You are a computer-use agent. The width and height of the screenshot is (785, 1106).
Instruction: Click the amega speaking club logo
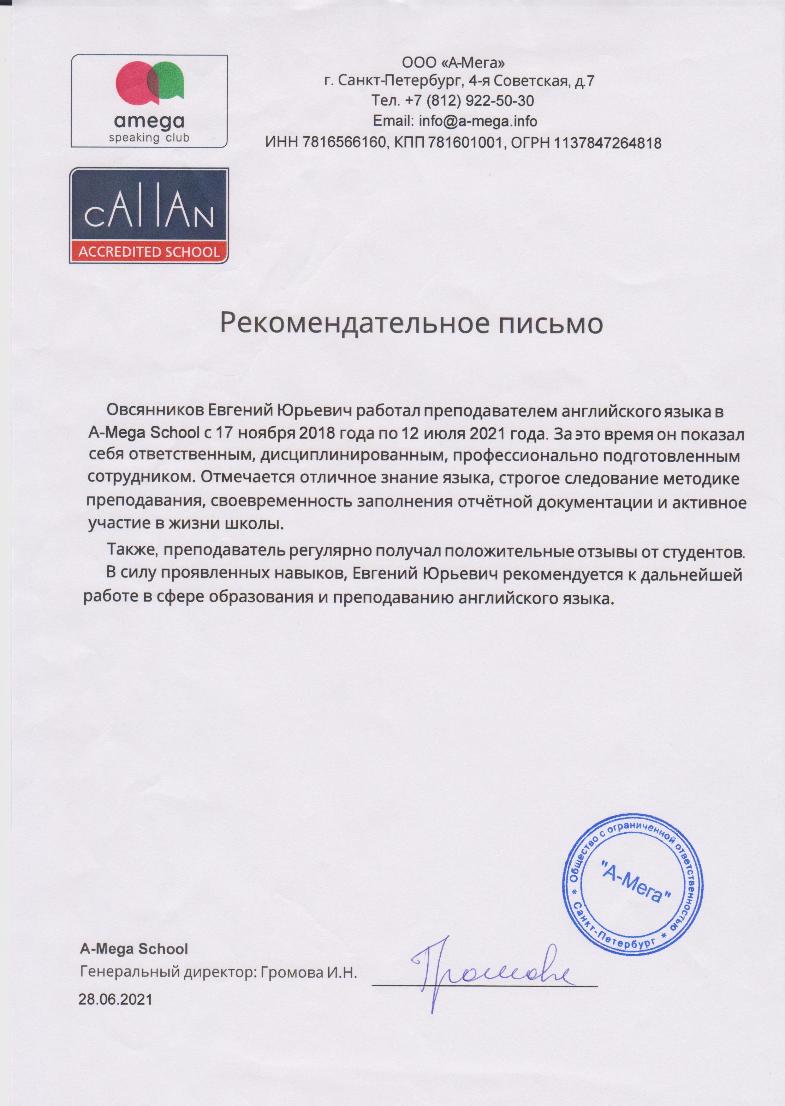point(149,100)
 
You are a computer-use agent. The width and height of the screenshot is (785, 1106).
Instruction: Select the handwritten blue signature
point(488,968)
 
